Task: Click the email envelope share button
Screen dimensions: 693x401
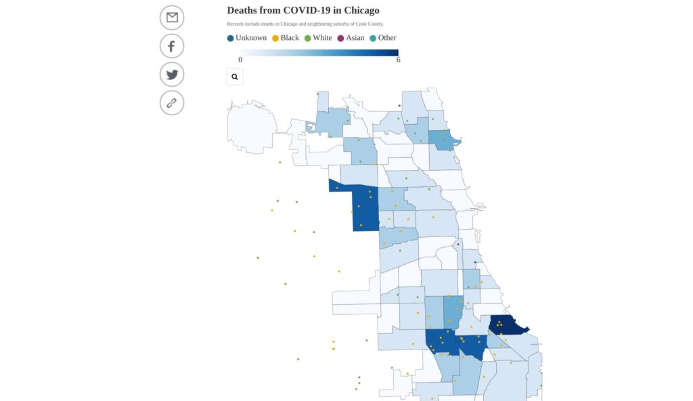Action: tap(172, 18)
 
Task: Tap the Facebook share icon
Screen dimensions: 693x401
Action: tap(172, 46)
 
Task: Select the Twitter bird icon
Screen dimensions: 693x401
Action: tap(172, 75)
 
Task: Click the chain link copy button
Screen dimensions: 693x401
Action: tap(172, 103)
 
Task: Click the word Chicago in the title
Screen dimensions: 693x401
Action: tap(361, 10)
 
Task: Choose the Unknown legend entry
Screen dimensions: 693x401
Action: tap(247, 38)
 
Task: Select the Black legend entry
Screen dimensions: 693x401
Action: tap(286, 38)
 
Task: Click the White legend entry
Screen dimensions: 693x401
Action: tap(318, 38)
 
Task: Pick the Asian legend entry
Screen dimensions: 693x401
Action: tap(351, 38)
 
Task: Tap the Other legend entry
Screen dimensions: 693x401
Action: tap(383, 38)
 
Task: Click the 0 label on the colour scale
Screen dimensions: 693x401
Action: tap(240, 60)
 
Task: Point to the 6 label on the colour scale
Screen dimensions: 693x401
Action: tap(398, 60)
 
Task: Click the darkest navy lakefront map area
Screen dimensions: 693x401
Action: tap(506, 325)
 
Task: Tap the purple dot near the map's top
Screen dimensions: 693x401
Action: tap(399, 106)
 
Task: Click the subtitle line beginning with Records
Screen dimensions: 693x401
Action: tap(305, 24)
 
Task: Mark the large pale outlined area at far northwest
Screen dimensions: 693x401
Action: tap(252, 127)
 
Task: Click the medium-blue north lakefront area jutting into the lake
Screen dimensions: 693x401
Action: tap(444, 140)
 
